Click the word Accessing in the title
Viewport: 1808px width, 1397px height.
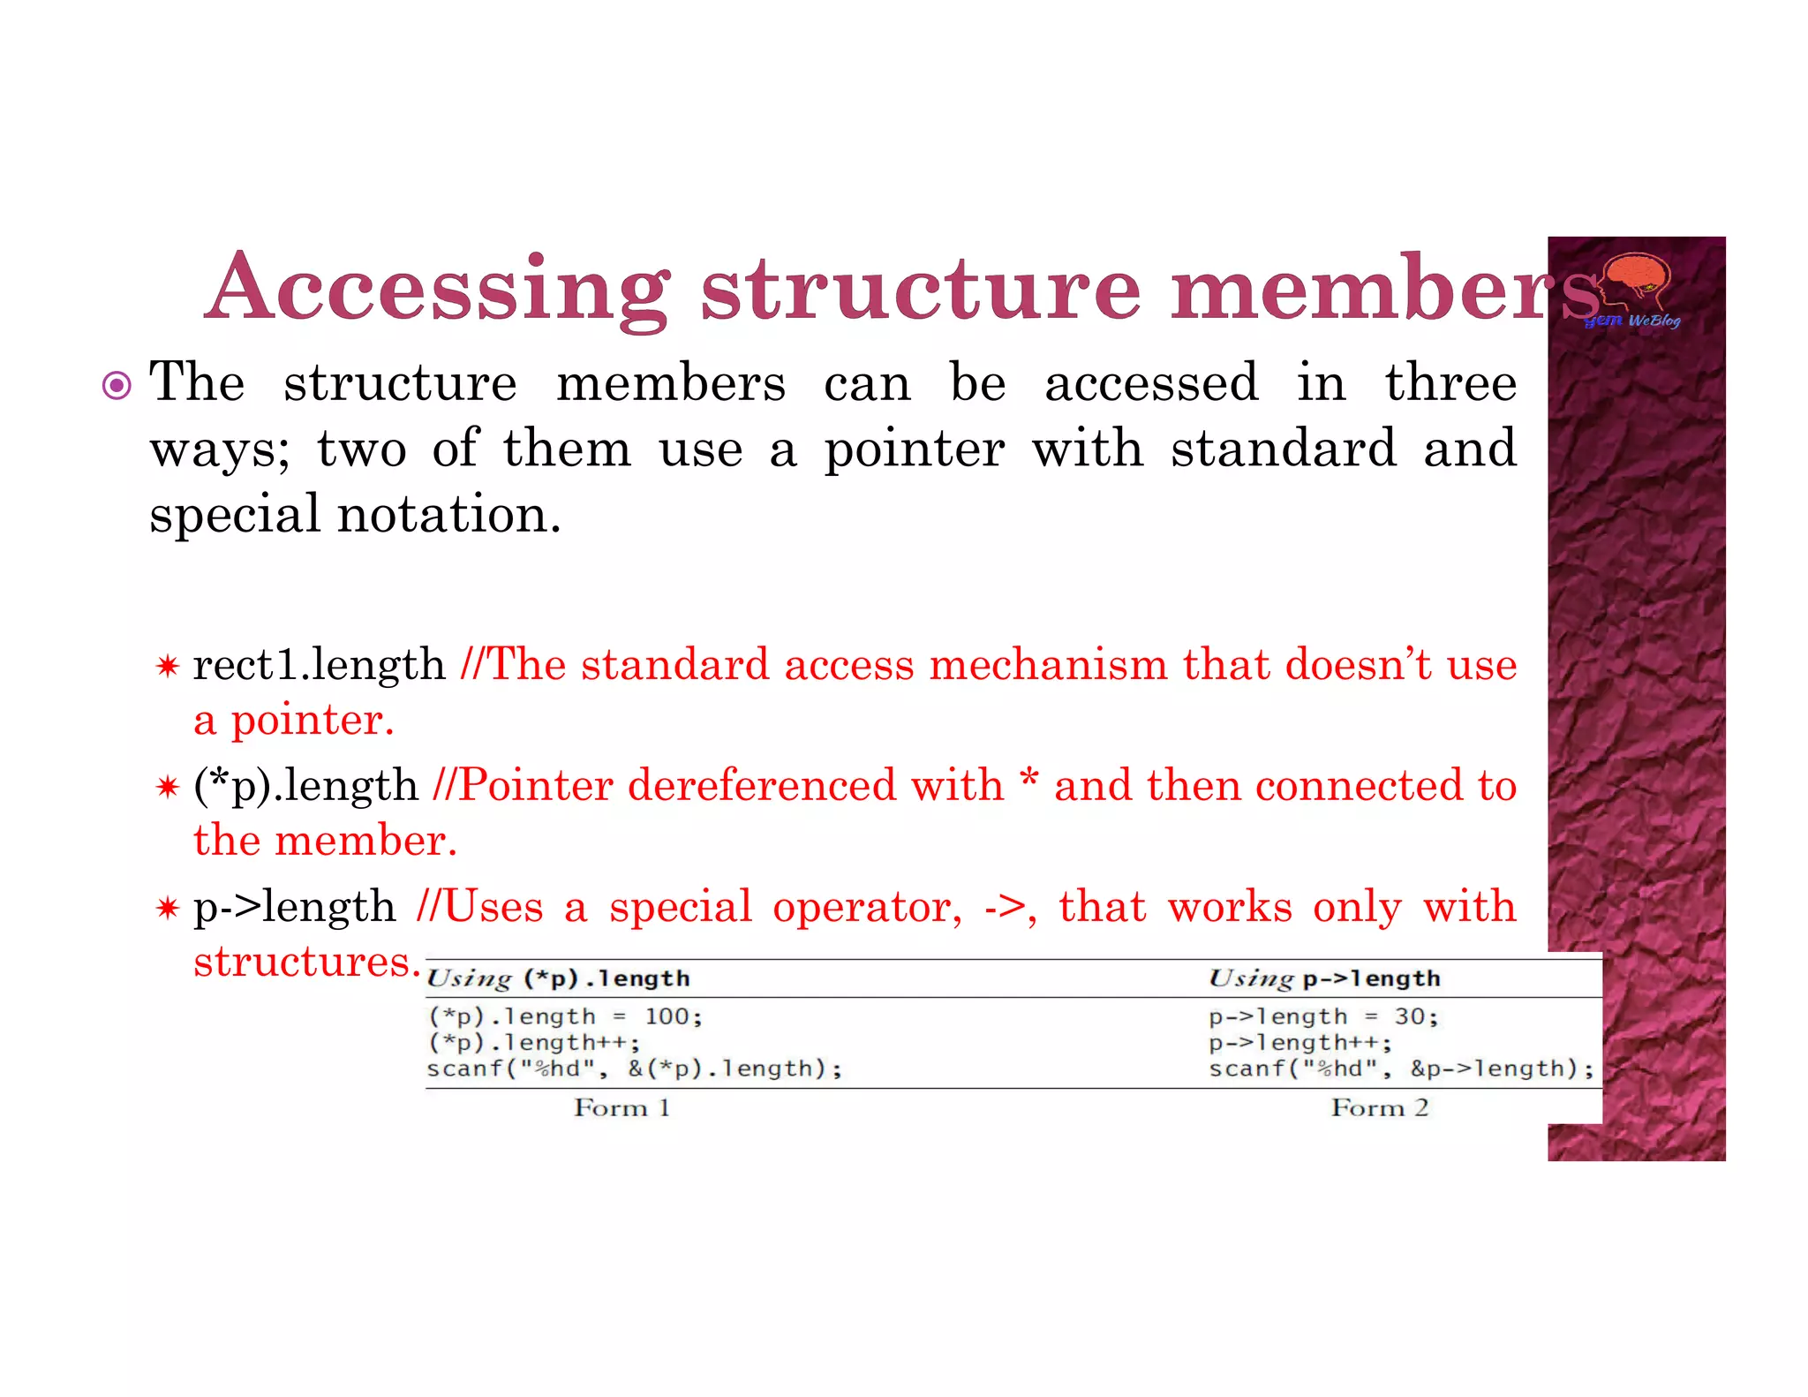439,290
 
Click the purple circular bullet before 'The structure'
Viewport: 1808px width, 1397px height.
117,386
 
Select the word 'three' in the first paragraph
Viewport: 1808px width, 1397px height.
1450,383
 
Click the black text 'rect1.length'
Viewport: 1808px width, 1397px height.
319,664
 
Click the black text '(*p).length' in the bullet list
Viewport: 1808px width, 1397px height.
305,785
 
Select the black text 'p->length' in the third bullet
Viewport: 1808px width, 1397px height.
295,907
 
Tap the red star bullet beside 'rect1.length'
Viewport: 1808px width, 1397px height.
167,666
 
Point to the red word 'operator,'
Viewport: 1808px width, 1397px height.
867,907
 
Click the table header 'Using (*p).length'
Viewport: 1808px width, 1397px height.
558,978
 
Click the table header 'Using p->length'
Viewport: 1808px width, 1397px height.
1323,978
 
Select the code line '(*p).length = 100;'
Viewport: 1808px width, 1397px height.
565,1016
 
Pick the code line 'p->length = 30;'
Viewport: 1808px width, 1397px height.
1323,1016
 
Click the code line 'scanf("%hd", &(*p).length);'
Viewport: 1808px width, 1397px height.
634,1069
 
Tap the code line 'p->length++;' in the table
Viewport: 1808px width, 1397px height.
1299,1043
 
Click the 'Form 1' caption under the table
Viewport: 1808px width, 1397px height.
621,1107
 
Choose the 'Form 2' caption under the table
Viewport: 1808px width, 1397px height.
1379,1107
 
